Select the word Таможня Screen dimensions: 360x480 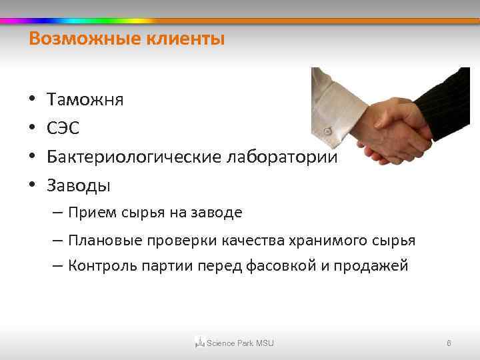[85, 100]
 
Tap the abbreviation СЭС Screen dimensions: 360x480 [64, 129]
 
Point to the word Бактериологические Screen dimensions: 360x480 [134, 157]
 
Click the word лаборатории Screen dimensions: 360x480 [283, 157]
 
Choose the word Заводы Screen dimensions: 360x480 [79, 185]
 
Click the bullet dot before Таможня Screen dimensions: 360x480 [32, 101]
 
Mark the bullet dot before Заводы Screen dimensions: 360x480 [32, 186]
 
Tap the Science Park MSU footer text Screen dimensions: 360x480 [240, 343]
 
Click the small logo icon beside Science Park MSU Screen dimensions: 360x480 [199, 343]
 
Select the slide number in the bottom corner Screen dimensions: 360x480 [449, 343]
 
